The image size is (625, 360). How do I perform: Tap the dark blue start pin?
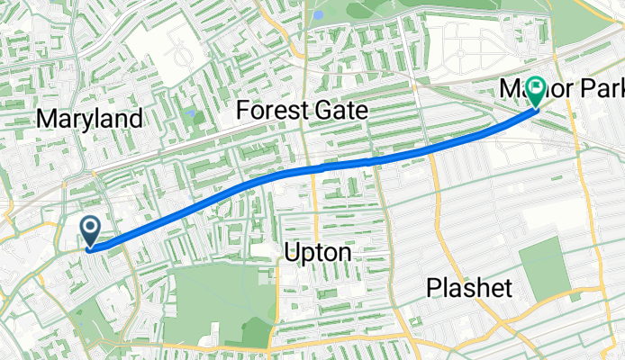pyautogui.click(x=91, y=231)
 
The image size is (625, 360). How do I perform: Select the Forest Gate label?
pyautogui.click(x=302, y=111)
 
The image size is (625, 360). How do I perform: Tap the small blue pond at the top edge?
pyautogui.click(x=318, y=14)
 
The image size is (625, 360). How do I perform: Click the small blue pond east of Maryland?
pyautogui.click(x=191, y=115)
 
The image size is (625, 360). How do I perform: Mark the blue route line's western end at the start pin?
pyautogui.click(x=93, y=247)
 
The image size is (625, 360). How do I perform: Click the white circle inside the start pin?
pyautogui.click(x=91, y=227)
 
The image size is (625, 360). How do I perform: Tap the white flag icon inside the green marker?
pyautogui.click(x=537, y=88)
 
